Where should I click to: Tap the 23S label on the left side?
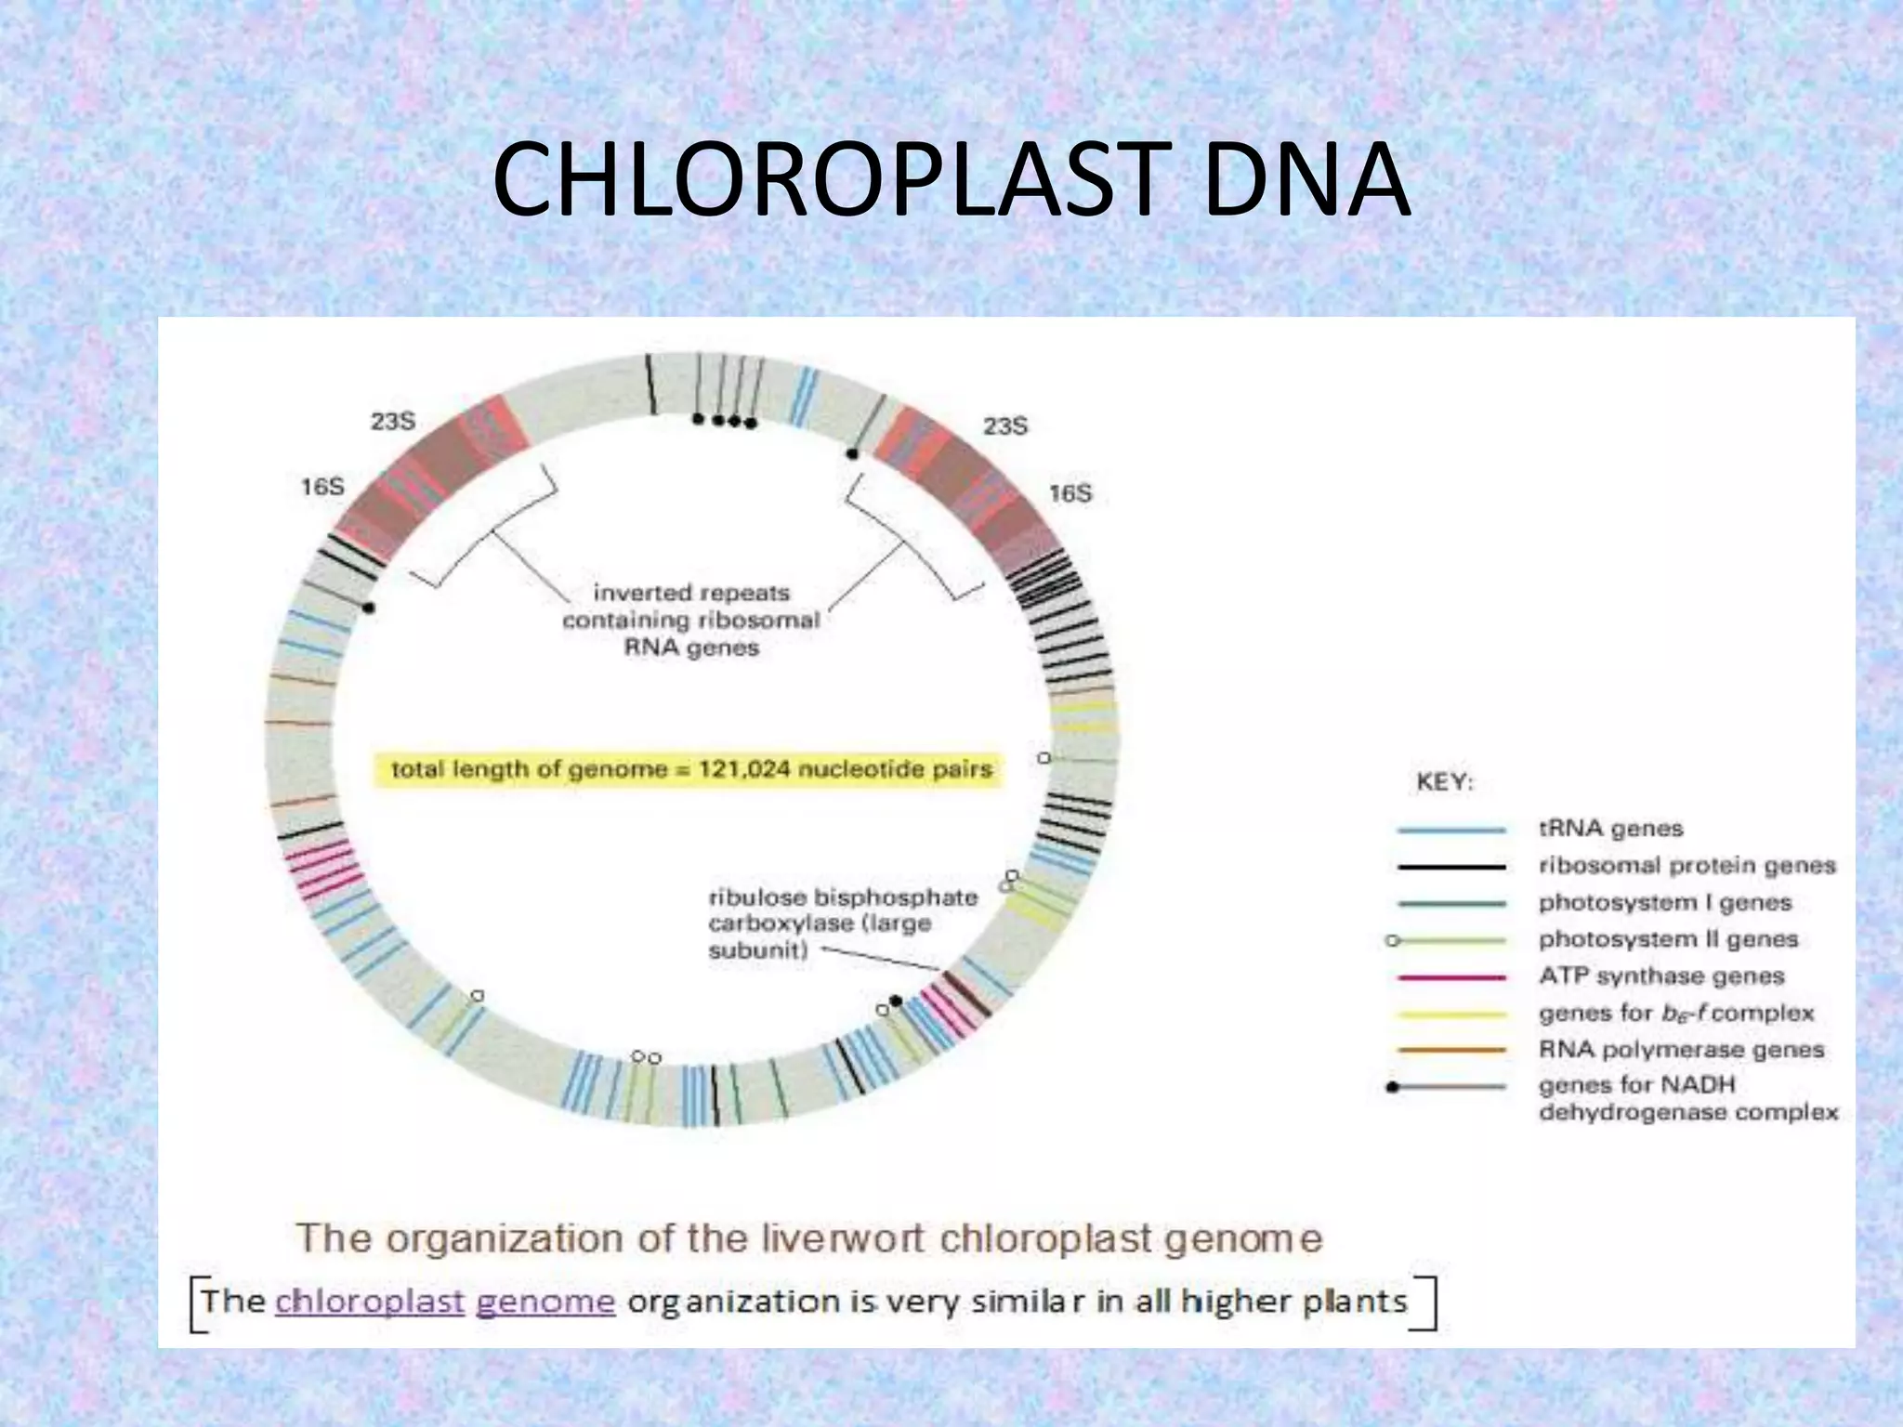click(x=393, y=422)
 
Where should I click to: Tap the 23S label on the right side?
click(x=1005, y=426)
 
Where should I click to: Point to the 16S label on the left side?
click(x=322, y=487)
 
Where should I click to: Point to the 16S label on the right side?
click(x=1070, y=493)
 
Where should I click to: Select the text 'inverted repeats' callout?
click(x=691, y=593)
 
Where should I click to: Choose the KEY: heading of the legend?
click(x=1445, y=782)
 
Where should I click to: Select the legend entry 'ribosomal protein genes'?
click(x=1686, y=866)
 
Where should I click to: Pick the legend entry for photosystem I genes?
click(x=1664, y=903)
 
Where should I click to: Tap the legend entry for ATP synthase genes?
click(x=1661, y=976)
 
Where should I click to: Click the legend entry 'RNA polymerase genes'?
click(x=1681, y=1050)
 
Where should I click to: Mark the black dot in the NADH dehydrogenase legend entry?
click(x=1392, y=1087)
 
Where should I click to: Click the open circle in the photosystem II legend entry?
click(x=1392, y=941)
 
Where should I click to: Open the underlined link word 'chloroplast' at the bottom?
click(x=370, y=1301)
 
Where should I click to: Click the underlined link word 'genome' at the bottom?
click(x=545, y=1301)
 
